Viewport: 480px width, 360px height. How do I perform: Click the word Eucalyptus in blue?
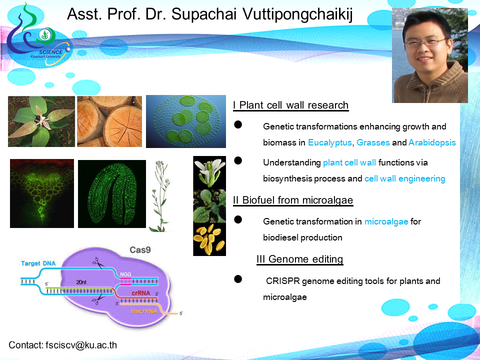pos(329,142)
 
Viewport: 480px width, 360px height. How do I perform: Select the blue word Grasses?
pos(373,142)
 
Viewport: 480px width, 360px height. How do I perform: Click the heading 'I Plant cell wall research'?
pos(291,105)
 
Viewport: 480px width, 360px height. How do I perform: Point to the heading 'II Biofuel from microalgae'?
pos(293,200)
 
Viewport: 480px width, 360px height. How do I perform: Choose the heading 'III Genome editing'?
pos(299,259)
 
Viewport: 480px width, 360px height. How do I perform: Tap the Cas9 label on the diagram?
pos(140,250)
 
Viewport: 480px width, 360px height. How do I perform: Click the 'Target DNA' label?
pos(38,263)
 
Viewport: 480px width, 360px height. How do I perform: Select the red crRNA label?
pos(141,293)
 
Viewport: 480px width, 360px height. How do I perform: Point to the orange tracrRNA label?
pos(144,311)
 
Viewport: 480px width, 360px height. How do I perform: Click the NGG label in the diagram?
pos(125,274)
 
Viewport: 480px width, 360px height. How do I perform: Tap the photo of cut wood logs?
pos(109,121)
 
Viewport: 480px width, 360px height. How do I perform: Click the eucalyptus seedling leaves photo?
pos(41,121)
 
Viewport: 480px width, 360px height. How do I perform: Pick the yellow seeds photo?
pos(209,239)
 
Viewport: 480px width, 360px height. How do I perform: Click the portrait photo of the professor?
pos(430,55)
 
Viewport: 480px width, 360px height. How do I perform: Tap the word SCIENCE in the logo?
pos(50,52)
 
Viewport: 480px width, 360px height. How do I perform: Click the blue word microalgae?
pos(386,221)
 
